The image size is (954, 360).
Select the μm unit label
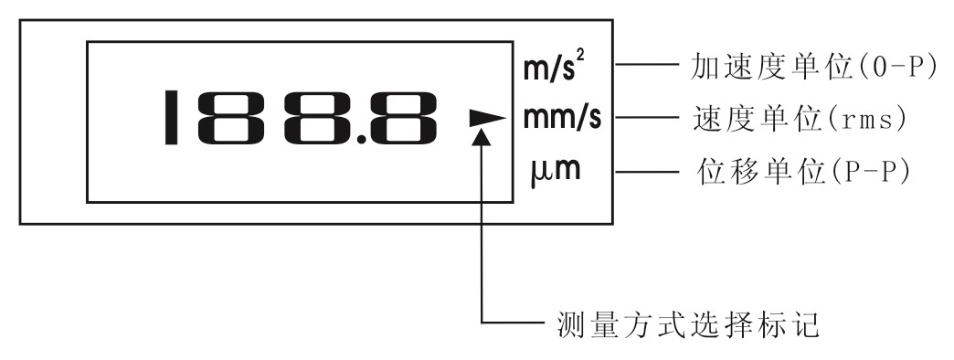tap(555, 170)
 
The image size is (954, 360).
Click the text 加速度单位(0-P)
tap(805, 68)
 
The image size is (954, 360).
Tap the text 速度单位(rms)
tap(795, 119)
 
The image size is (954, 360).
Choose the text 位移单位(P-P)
tap(795, 171)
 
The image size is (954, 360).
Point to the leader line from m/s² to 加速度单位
tap(645, 66)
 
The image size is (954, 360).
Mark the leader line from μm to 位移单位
tap(645, 171)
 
